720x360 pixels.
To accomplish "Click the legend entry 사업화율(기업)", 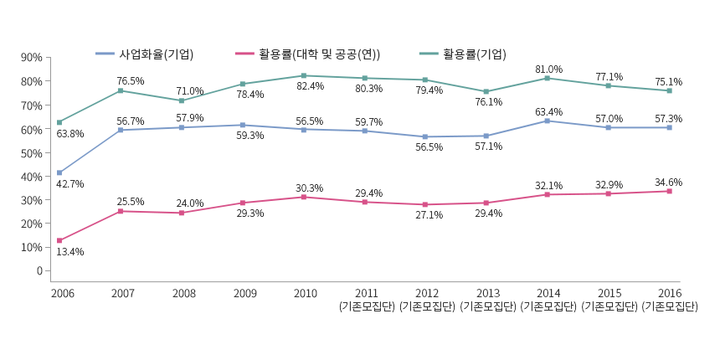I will (x=156, y=54).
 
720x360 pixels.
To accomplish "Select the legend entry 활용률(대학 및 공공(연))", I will (x=319, y=54).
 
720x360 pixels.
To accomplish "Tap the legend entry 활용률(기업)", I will (x=474, y=54).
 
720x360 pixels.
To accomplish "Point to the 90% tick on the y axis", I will (x=31, y=58).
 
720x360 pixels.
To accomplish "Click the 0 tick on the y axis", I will (x=39, y=270).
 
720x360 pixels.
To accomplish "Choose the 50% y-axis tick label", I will (x=31, y=153).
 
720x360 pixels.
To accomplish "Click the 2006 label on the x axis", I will (x=62, y=293).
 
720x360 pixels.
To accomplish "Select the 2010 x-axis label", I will (x=305, y=293).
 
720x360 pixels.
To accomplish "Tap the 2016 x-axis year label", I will (x=670, y=293).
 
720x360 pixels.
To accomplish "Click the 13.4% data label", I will (x=69, y=252).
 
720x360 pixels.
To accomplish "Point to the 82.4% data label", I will (x=310, y=86).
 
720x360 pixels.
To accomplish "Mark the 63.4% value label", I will (x=548, y=112).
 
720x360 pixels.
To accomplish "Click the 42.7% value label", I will (x=69, y=184).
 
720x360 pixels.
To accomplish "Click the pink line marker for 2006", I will (x=59, y=240).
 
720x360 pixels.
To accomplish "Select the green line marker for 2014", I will (x=548, y=78).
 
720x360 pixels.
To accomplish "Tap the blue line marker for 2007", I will (x=121, y=130).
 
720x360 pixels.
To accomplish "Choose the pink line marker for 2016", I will (x=669, y=191).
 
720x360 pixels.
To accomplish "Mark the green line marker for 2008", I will (x=182, y=100).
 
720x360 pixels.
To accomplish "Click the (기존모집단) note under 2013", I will (x=487, y=306).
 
